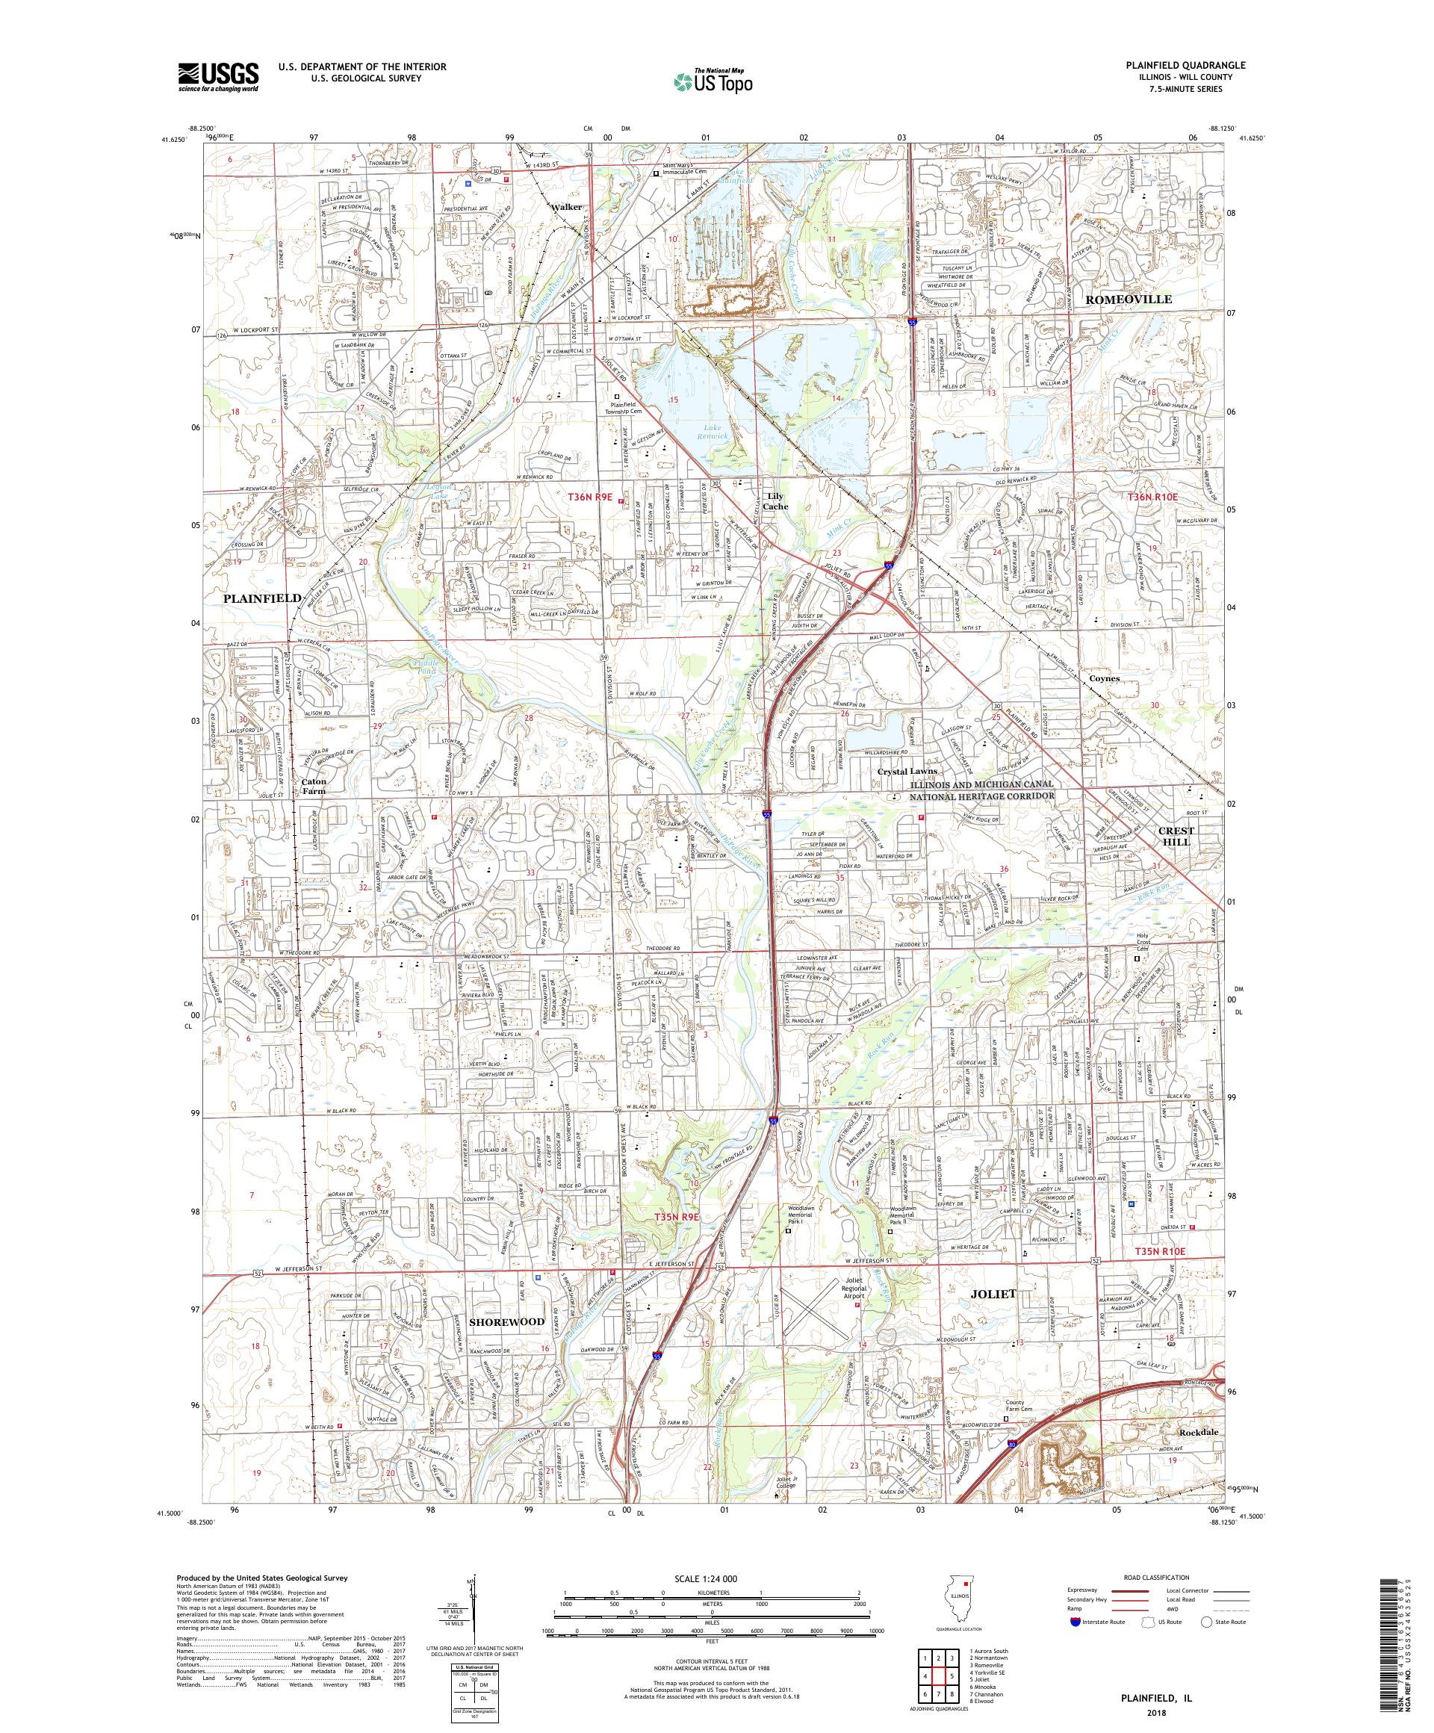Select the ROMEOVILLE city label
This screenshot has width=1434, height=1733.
(x=1128, y=300)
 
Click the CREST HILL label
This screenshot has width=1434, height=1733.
(x=1176, y=836)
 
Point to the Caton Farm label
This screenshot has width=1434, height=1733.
(x=314, y=786)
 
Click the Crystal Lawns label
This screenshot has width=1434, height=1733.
(x=907, y=771)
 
